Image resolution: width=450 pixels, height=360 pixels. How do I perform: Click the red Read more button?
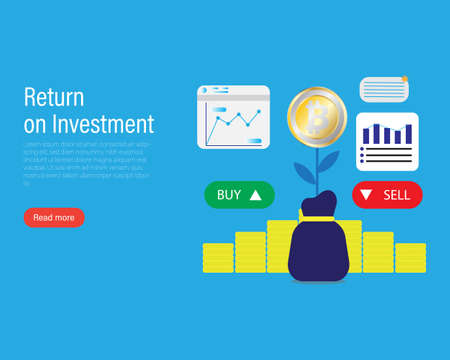(54, 217)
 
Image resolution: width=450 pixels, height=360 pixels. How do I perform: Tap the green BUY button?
(239, 195)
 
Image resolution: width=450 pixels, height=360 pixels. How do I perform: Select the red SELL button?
(386, 195)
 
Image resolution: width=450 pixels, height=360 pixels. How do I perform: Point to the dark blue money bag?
(317, 251)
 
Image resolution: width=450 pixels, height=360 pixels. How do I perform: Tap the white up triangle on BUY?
(256, 195)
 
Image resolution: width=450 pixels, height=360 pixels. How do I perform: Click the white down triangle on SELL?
(367, 195)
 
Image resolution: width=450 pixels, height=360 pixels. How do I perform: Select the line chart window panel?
(233, 117)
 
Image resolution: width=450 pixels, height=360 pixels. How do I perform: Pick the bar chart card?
(386, 141)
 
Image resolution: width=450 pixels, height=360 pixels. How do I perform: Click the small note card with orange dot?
(384, 89)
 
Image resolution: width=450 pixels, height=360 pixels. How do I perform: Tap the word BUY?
(229, 195)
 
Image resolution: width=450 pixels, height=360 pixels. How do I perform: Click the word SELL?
(396, 195)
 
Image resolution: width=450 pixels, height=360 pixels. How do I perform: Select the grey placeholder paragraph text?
(86, 163)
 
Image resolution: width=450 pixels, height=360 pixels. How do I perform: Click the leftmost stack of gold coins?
(218, 257)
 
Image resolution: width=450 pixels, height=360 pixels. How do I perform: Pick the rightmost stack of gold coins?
(410, 257)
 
